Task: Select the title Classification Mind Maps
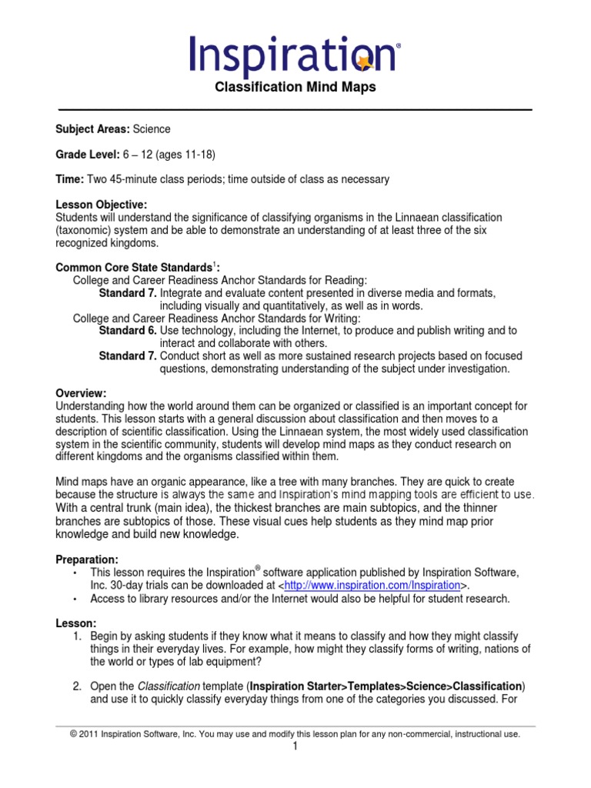[x=295, y=87]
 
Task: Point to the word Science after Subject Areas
[x=152, y=129]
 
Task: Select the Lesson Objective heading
[x=101, y=205]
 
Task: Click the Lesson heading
[x=75, y=623]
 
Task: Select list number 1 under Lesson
[x=78, y=636]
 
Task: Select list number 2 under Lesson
[x=78, y=686]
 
